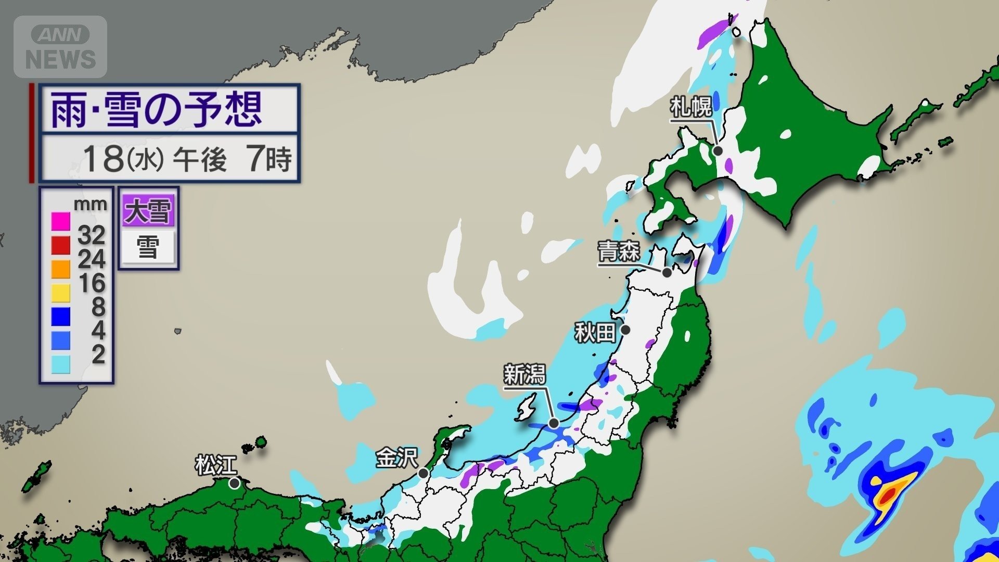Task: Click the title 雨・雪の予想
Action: pyautogui.click(x=156, y=109)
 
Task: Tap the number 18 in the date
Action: pyautogui.click(x=103, y=158)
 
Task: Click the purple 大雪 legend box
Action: pyautogui.click(x=148, y=211)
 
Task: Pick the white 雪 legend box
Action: pyautogui.click(x=148, y=247)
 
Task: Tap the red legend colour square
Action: pyautogui.click(x=61, y=245)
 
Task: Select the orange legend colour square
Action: pyautogui.click(x=61, y=269)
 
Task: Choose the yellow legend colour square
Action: pyautogui.click(x=61, y=293)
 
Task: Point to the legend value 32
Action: pyautogui.click(x=92, y=236)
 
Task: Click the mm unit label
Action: pyautogui.click(x=91, y=204)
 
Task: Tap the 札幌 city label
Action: pyautogui.click(x=691, y=108)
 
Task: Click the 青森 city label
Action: pyautogui.click(x=618, y=252)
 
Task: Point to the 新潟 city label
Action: pyautogui.click(x=524, y=375)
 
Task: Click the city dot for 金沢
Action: pyautogui.click(x=424, y=474)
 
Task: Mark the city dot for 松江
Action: pyautogui.click(x=235, y=483)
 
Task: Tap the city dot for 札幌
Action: pyautogui.click(x=718, y=151)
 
